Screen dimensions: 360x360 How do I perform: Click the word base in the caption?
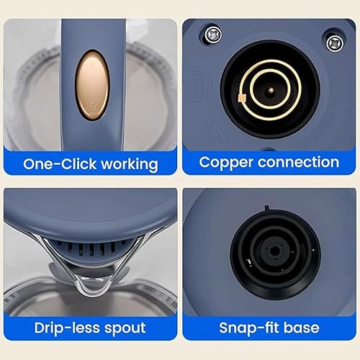coord(302,328)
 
